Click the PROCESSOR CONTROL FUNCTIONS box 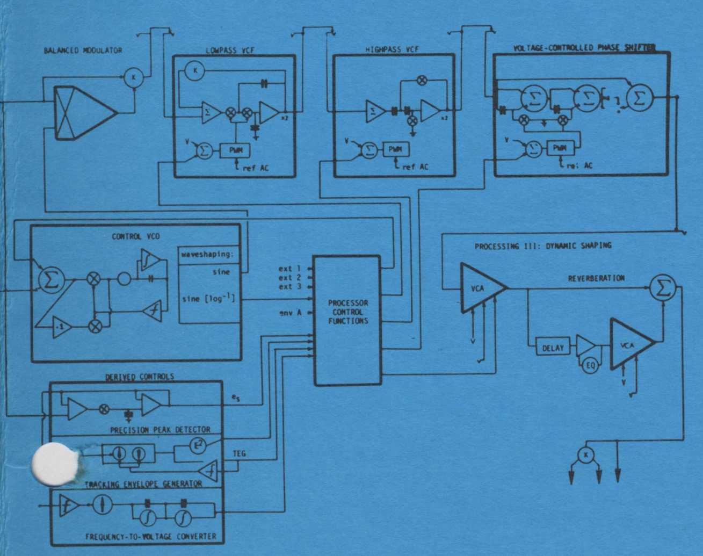tap(347, 320)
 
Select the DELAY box tap(553, 348)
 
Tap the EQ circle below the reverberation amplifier tap(590, 366)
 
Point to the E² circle tap(199, 445)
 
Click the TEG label tap(239, 454)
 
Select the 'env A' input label tap(290, 313)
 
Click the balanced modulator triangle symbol tap(86, 112)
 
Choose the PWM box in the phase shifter tap(560, 148)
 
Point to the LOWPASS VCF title tap(230, 50)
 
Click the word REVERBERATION tap(596, 278)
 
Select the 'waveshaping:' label tap(208, 255)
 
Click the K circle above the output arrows tap(585, 456)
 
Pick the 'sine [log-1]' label tap(208, 298)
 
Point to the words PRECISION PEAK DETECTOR tap(160, 430)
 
